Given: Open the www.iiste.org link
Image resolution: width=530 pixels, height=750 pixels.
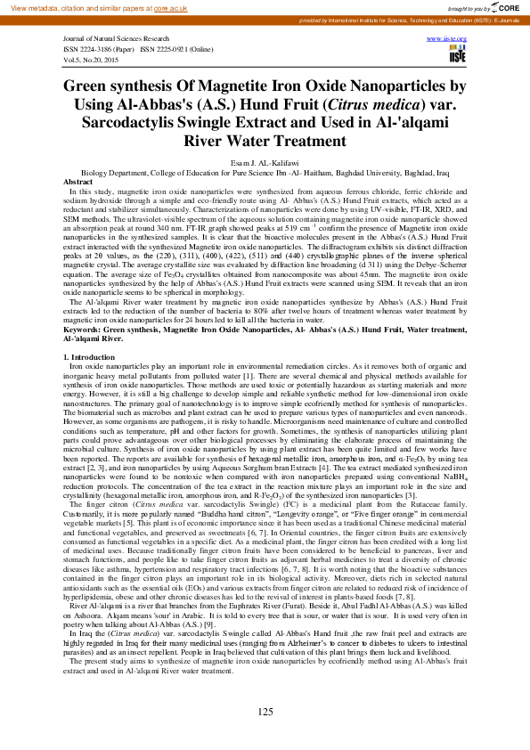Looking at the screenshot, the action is pyautogui.click(x=453, y=40).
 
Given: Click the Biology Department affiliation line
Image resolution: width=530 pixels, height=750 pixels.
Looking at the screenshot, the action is pyautogui.click(x=265, y=173).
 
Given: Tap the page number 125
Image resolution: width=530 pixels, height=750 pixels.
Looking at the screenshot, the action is pyautogui.click(x=265, y=712).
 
